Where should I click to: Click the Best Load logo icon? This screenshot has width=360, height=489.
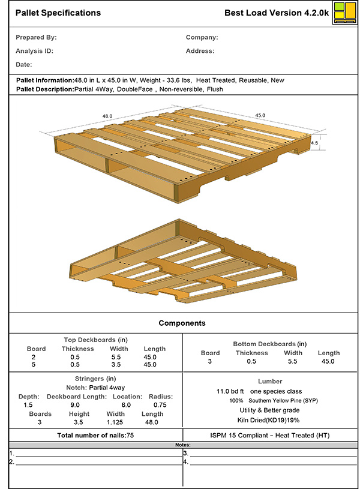[x=343, y=13]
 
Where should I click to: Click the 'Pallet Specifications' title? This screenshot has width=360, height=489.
[x=58, y=13]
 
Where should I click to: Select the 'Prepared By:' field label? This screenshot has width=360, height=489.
[x=36, y=37]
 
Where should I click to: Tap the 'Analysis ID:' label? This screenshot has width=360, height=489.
[x=34, y=51]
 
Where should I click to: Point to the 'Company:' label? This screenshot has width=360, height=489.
[x=202, y=37]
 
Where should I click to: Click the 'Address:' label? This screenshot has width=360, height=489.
[x=200, y=51]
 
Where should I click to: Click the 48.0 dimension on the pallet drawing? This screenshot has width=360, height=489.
[x=108, y=116]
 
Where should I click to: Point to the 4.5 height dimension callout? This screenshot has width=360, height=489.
[x=314, y=144]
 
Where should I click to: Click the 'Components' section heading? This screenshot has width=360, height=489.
[x=182, y=323]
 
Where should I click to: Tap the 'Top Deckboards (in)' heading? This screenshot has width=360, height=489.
[x=95, y=340]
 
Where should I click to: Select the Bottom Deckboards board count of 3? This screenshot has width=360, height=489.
[x=210, y=361]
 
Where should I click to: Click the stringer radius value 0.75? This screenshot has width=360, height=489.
[x=160, y=405]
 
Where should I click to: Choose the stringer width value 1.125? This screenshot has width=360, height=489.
[x=116, y=422]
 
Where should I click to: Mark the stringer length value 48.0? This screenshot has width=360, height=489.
[x=151, y=422]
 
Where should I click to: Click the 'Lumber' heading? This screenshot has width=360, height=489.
[x=269, y=381]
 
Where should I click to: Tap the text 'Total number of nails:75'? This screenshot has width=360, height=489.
[x=95, y=435]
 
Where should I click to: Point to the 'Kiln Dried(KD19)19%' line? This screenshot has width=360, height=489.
[x=269, y=420]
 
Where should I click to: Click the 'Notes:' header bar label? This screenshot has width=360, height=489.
[x=182, y=445]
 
